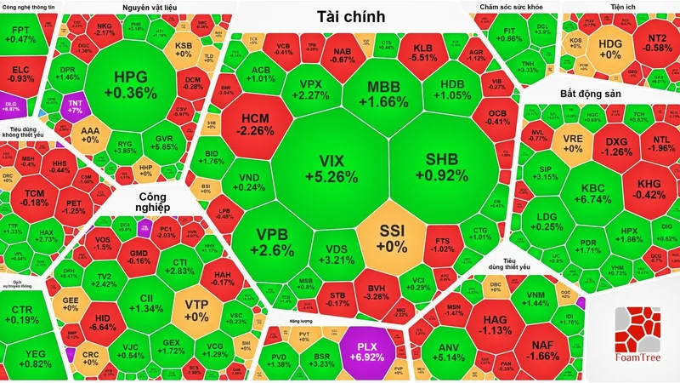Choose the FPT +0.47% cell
tap(23, 35)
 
